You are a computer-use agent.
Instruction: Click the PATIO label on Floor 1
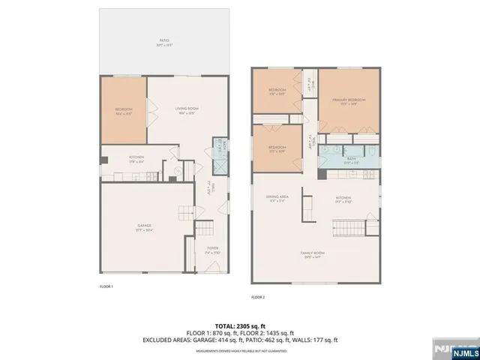pos(163,42)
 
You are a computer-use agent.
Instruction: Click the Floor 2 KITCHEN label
pos(343,199)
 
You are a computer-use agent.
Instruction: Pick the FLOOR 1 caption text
pos(106,286)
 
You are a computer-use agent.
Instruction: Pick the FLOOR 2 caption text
pos(258,297)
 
